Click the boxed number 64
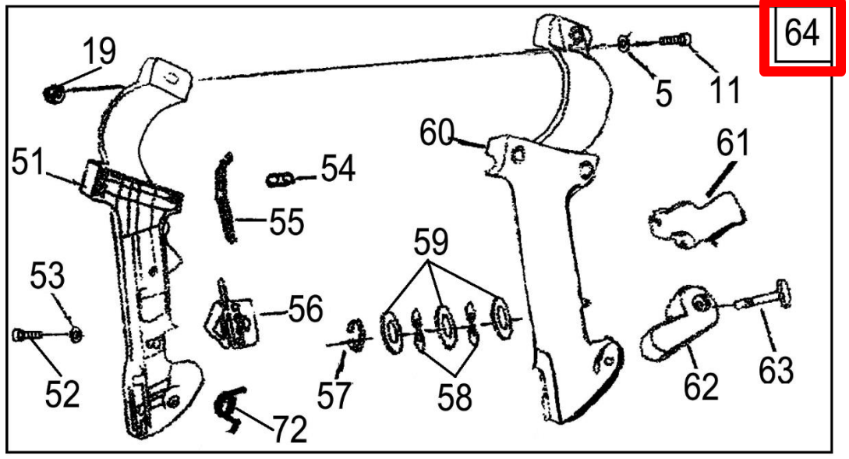tap(802, 36)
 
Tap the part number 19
tap(99, 52)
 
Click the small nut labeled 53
tap(76, 335)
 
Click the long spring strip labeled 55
tap(225, 199)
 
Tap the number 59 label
tap(431, 244)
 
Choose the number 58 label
tap(454, 397)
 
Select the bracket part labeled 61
tap(694, 221)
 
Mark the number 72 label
tap(288, 428)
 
